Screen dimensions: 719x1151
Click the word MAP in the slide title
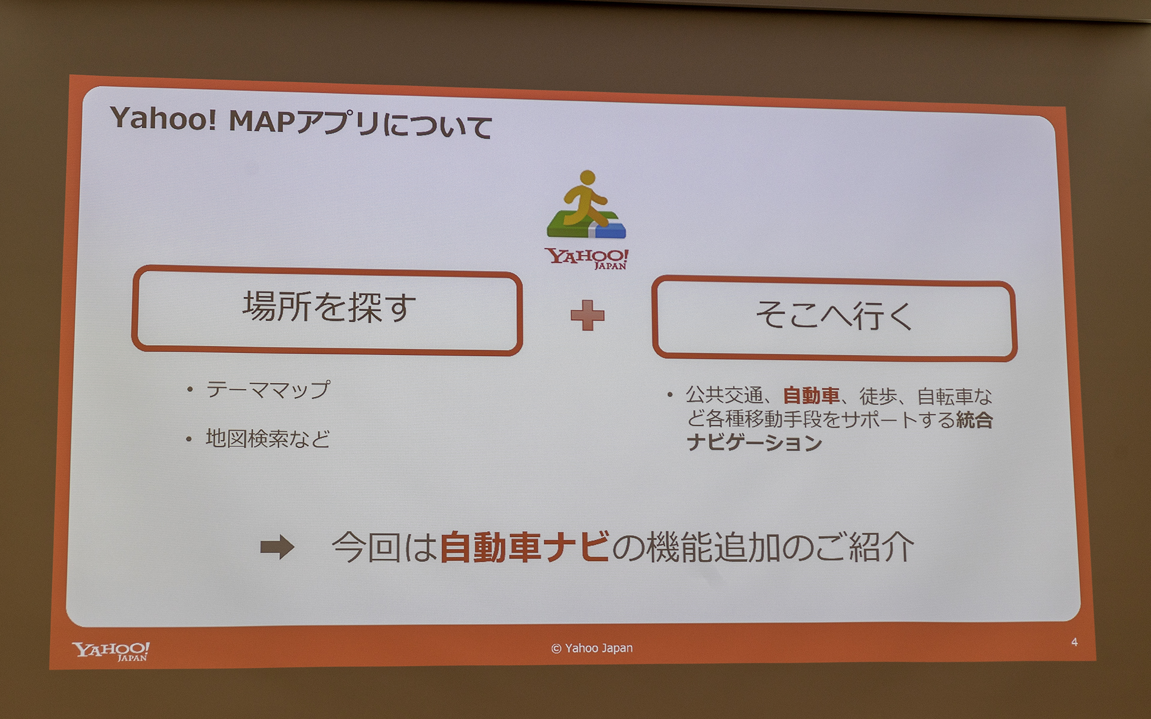262,122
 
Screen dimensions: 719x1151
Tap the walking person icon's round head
587,177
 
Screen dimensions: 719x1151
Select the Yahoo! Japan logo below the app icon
587,258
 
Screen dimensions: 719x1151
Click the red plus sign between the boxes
587,315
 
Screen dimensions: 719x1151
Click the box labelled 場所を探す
327,310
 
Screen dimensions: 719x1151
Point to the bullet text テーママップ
267,390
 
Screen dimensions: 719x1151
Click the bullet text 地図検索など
267,439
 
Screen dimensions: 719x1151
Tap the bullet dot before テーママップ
189,390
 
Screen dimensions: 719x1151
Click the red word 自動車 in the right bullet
810,396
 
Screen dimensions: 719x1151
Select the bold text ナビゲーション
754,443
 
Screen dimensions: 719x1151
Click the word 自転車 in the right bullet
945,397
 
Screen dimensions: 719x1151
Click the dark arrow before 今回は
277,546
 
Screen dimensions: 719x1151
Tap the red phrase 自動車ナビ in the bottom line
525,546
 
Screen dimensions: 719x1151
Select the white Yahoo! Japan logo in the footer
111,651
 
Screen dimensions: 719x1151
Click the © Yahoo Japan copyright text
592,648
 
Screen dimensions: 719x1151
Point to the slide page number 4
1074,642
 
